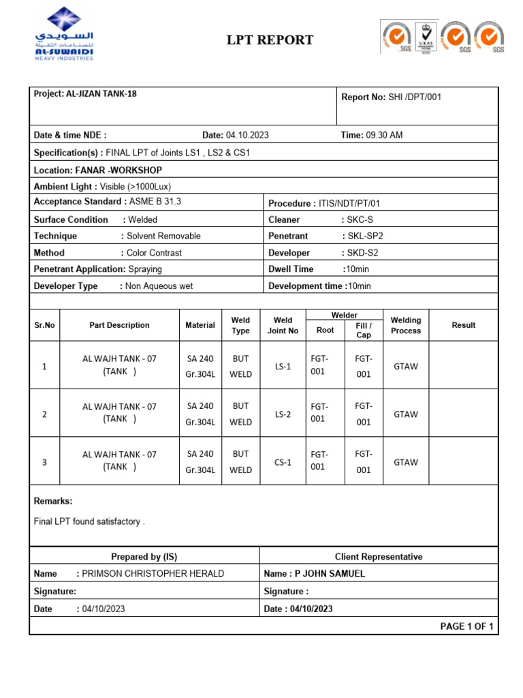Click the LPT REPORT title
click(x=270, y=40)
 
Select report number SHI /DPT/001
click(x=415, y=97)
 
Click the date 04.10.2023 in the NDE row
click(x=247, y=135)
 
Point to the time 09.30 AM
click(x=384, y=135)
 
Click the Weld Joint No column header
click(x=283, y=325)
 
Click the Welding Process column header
click(x=406, y=325)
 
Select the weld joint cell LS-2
click(x=283, y=414)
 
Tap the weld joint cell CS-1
click(x=283, y=462)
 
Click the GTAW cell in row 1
click(x=406, y=366)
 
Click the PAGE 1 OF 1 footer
click(x=467, y=626)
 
